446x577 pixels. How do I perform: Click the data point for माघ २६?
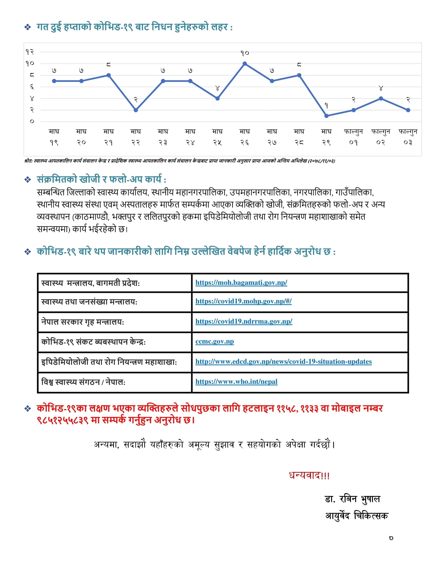[x=245, y=64]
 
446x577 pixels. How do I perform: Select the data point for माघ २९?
[x=326, y=116]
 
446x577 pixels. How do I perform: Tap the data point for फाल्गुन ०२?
[x=381, y=98]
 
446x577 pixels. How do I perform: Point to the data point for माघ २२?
[x=136, y=110]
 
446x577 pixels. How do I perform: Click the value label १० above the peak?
[x=245, y=53]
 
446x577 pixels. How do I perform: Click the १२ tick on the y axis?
[x=30, y=52]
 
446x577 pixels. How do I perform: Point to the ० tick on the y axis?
[x=32, y=121]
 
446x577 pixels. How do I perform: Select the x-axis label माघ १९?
[x=54, y=137]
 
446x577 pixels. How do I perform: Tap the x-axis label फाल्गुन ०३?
[x=408, y=137]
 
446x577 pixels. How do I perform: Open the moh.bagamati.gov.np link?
[x=241, y=282]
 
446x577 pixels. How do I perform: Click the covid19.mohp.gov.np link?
[x=243, y=301]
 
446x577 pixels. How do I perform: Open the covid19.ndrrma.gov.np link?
[x=244, y=321]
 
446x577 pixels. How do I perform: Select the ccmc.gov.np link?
[x=215, y=341]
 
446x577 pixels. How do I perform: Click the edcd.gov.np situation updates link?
[x=283, y=361]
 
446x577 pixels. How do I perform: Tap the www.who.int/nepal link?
[x=236, y=382]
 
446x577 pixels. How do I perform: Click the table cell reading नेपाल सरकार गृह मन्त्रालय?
[x=82, y=322]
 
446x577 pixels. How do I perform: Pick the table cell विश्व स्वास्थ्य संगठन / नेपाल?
[x=83, y=382]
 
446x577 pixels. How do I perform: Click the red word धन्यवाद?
[x=309, y=475]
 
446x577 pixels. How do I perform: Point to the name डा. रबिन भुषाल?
[x=352, y=499]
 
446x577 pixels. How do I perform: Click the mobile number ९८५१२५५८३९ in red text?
[x=63, y=420]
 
